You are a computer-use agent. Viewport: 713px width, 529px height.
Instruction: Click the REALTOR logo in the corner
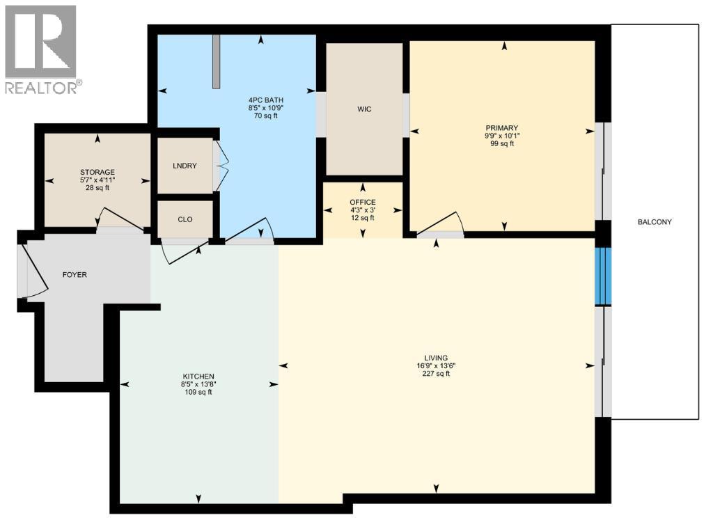pyautogui.click(x=41, y=49)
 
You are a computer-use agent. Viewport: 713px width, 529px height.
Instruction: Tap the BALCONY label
pyautogui.click(x=654, y=222)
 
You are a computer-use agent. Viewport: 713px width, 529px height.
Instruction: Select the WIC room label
pyautogui.click(x=363, y=109)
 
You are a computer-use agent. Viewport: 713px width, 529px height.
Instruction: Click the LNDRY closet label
pyautogui.click(x=185, y=166)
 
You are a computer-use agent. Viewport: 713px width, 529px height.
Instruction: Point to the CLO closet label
pyautogui.click(x=185, y=219)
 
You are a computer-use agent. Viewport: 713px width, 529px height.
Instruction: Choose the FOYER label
pyautogui.click(x=75, y=275)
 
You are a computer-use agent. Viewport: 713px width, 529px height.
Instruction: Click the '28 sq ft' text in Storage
pyautogui.click(x=97, y=188)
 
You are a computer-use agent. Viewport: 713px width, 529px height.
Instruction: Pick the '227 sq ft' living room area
pyautogui.click(x=438, y=374)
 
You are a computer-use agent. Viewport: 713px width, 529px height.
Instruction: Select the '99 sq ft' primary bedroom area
pyautogui.click(x=501, y=144)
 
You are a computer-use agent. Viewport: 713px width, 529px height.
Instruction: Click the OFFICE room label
pyautogui.click(x=362, y=203)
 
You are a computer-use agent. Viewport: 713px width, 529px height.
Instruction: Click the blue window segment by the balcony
pyautogui.click(x=602, y=276)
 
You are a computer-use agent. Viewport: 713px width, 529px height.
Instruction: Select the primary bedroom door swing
pyautogui.click(x=440, y=222)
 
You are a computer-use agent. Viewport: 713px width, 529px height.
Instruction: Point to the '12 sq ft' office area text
pyautogui.click(x=362, y=218)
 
